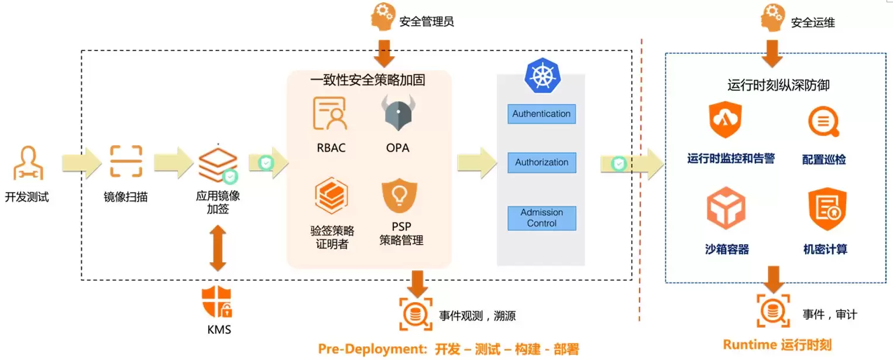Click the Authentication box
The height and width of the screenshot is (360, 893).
click(541, 114)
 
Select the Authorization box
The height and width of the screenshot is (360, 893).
click(541, 162)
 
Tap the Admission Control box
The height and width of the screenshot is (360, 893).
click(541, 218)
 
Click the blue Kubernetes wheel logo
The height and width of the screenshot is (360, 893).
click(542, 76)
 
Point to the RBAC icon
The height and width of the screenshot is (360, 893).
click(329, 114)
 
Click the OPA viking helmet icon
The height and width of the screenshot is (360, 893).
click(398, 113)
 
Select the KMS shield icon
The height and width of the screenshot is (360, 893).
click(217, 301)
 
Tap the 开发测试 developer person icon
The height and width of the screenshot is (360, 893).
click(28, 163)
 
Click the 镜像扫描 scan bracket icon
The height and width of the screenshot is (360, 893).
click(126, 161)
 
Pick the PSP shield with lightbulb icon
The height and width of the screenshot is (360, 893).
click(400, 196)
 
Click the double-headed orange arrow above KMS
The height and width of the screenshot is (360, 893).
click(218, 248)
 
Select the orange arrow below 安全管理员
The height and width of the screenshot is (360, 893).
click(384, 53)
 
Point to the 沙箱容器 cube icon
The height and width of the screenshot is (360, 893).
click(726, 208)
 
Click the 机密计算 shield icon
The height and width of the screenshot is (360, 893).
click(827, 209)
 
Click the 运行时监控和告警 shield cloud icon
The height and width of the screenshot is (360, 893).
click(725, 119)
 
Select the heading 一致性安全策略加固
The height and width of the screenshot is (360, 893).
click(367, 80)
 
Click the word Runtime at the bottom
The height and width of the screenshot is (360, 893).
click(750, 344)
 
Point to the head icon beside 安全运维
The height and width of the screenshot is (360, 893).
click(772, 18)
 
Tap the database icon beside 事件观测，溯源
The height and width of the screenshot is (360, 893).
click(415, 314)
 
